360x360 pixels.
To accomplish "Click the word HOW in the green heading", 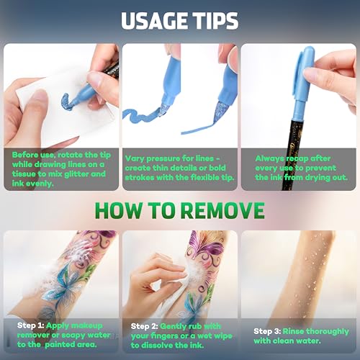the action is click(118, 210).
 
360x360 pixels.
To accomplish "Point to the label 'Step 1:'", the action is click(30, 325).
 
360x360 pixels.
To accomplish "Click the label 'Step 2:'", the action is click(144, 326).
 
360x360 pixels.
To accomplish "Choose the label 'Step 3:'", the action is click(267, 331).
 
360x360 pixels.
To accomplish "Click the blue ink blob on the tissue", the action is click(67, 102).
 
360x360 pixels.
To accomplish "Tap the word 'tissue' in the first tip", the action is click(24, 174).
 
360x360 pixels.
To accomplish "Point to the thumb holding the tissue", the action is click(36, 113).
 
